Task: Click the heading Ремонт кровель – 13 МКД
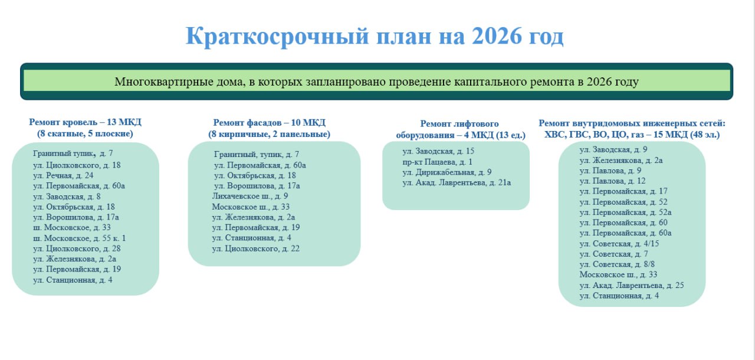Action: click(86, 122)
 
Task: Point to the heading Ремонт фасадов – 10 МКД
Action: click(270, 123)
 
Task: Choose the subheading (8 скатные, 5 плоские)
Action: click(86, 134)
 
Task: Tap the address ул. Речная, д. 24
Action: click(63, 176)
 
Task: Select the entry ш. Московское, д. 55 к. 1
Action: click(79, 238)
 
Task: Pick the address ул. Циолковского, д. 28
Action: click(77, 249)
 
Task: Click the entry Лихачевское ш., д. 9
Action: click(250, 196)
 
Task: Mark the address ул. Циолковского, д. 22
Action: click(255, 249)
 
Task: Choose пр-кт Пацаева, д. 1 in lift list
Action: click(437, 162)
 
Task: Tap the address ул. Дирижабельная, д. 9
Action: click(447, 172)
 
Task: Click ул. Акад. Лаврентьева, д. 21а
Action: click(457, 183)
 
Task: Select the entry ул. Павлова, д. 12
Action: click(612, 181)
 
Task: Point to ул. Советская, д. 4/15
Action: click(619, 244)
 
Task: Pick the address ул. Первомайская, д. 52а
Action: click(625, 212)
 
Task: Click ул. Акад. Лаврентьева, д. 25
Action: click(632, 286)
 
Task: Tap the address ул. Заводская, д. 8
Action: click(67, 197)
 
